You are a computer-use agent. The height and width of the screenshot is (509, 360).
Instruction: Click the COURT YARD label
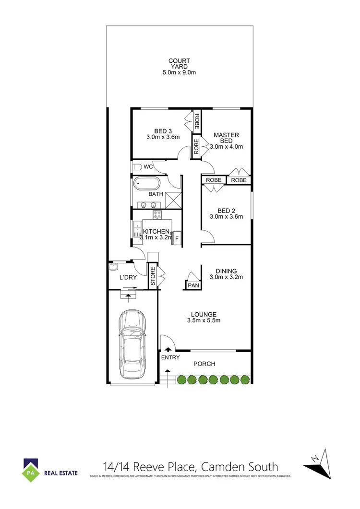180,64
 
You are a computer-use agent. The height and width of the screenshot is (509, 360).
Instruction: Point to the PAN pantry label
193,285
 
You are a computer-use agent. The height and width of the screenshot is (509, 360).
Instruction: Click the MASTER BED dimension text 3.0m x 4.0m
227,147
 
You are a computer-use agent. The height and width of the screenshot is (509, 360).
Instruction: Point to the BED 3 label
163,131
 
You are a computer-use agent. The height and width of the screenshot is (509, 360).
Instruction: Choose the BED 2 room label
227,210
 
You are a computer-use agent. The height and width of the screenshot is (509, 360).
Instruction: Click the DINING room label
227,271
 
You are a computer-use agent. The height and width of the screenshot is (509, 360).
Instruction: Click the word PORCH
204,364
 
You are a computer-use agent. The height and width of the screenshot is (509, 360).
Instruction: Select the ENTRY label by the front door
170,357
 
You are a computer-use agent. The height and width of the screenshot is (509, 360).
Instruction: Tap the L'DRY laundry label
128,277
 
